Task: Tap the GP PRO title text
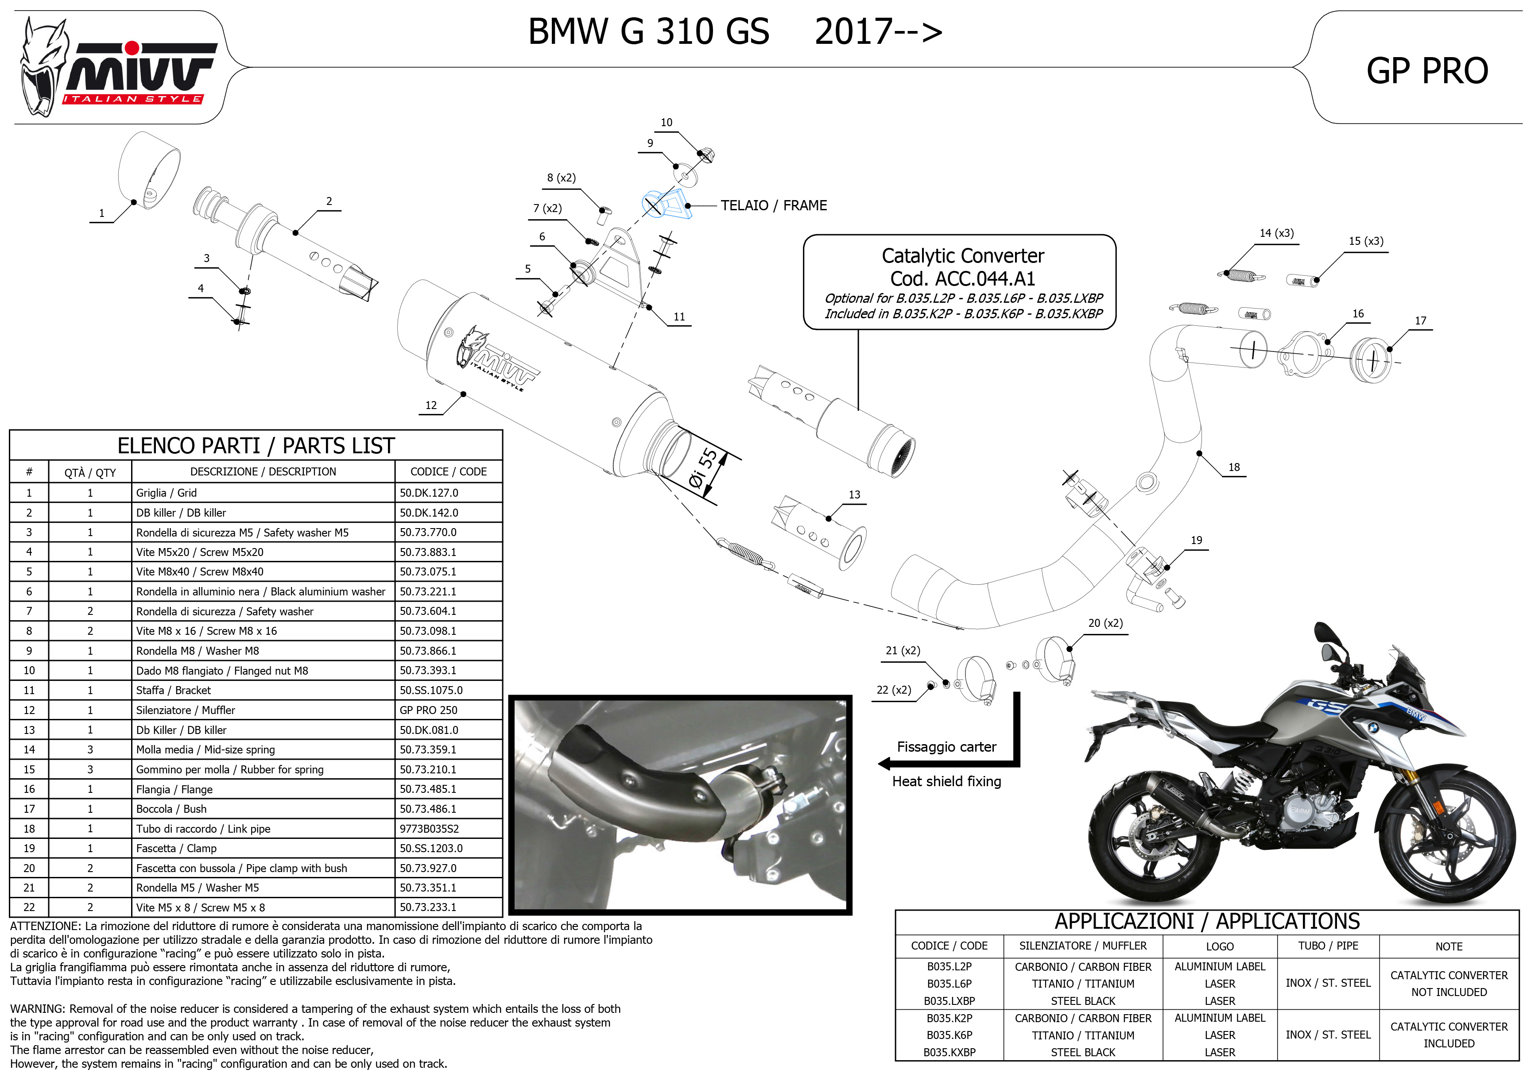1427,71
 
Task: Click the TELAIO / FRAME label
773,206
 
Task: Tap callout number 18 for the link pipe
1234,467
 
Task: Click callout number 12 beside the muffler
431,405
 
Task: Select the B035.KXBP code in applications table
949,1052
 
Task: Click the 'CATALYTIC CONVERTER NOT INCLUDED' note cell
1448,984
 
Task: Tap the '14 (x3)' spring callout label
1276,233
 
